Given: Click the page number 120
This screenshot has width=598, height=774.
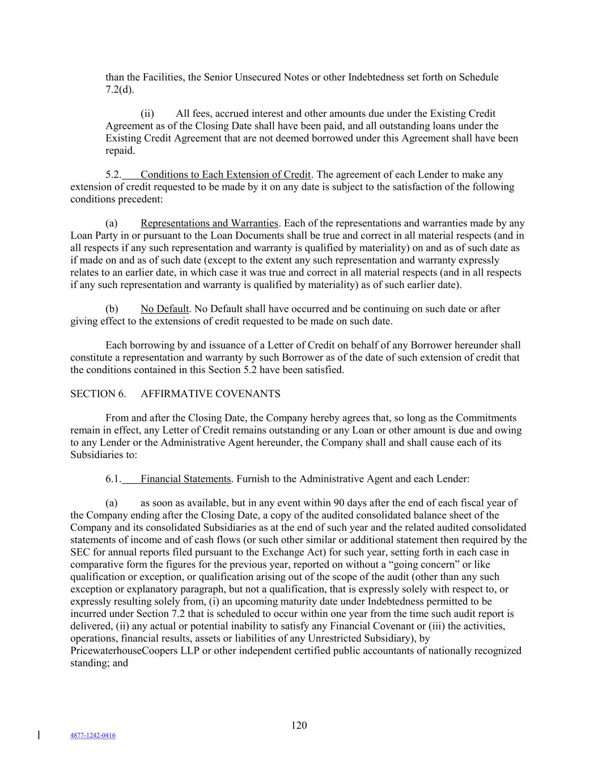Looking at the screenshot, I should [299, 725].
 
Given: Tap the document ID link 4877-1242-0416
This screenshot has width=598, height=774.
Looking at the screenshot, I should [92, 735].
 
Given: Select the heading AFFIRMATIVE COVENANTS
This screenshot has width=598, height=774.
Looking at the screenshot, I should [210, 394].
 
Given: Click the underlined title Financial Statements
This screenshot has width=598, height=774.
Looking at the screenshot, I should [185, 479].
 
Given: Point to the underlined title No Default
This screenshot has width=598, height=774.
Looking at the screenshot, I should [164, 308].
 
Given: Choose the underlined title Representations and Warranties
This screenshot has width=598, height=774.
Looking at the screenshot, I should [209, 223].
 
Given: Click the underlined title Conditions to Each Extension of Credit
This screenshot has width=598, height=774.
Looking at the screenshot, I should [226, 174].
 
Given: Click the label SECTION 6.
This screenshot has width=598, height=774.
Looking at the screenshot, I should [98, 394].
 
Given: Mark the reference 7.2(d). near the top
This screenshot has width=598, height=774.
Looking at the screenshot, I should [120, 90].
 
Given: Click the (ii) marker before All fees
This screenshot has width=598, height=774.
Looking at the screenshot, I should [147, 113].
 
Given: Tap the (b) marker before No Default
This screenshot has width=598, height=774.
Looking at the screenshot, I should [112, 308].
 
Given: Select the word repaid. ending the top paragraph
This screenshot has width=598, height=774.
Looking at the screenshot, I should [120, 150].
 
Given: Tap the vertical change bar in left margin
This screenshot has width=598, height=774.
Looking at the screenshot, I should [39, 735].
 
